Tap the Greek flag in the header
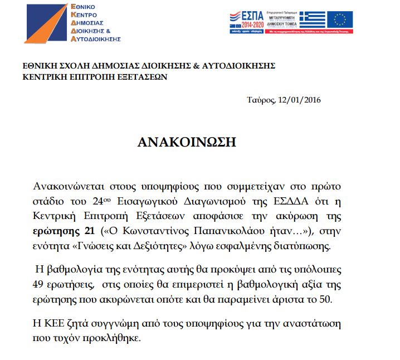[x=313, y=19]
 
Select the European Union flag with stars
[x=340, y=19]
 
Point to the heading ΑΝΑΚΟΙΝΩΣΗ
[x=187, y=143]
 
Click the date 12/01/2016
[x=299, y=100]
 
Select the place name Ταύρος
[x=260, y=100]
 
